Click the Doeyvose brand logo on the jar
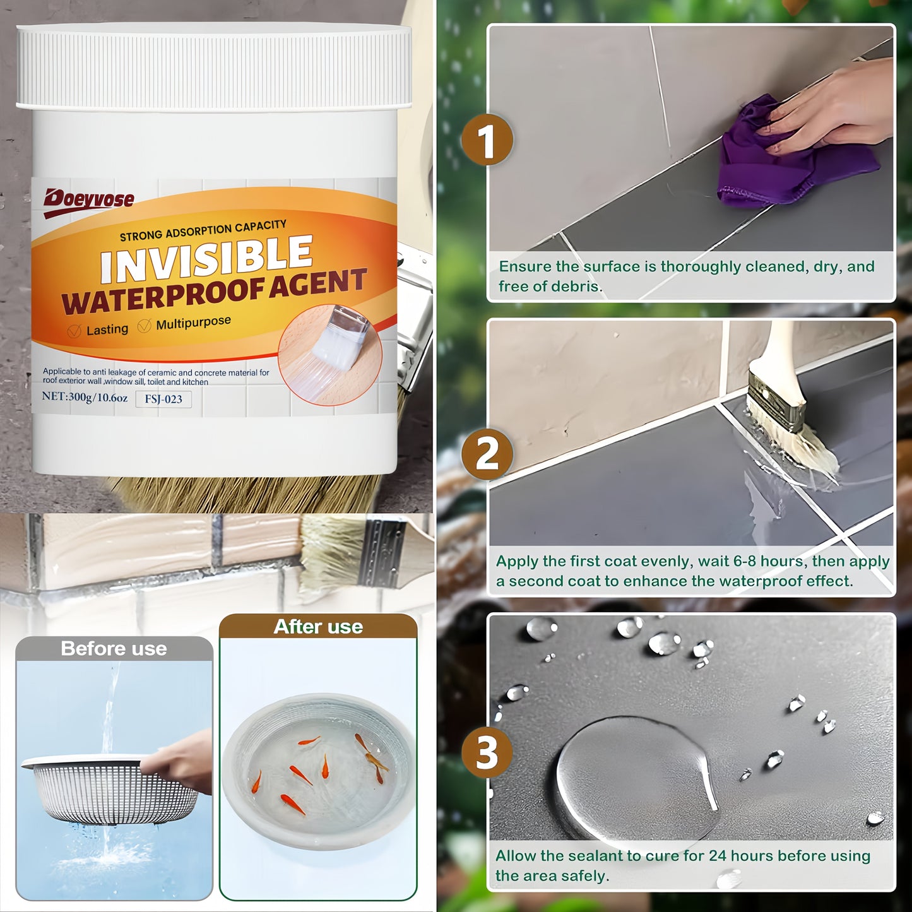point(89,201)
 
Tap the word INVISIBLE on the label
point(206,259)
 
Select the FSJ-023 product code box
point(163,400)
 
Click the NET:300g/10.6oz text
point(85,398)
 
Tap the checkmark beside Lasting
point(74,331)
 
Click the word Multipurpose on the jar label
point(193,323)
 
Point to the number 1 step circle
point(487,140)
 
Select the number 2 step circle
point(487,454)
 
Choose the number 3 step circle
point(487,752)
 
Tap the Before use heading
point(114,649)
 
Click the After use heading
point(318,627)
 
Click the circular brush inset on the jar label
point(330,355)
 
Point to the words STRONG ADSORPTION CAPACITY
point(203,230)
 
